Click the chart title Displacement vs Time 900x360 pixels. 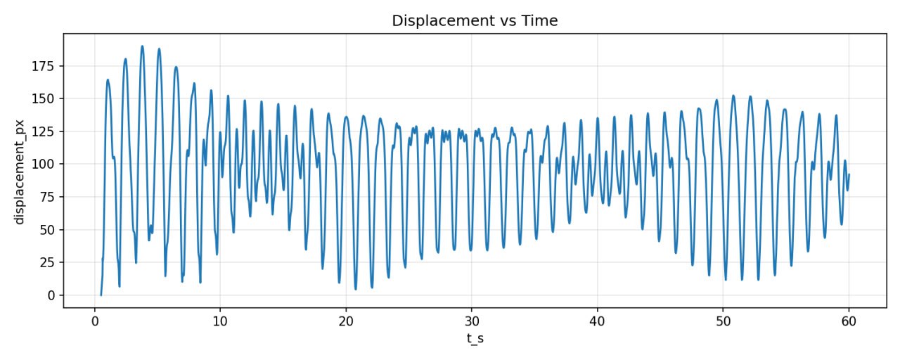click(x=475, y=21)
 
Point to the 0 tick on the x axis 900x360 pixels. click(x=95, y=321)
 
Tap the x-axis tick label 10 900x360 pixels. click(x=220, y=321)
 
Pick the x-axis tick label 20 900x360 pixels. click(x=346, y=321)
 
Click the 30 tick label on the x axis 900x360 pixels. click(x=472, y=321)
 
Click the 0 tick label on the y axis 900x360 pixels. click(x=51, y=295)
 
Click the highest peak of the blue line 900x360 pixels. click(x=142, y=46)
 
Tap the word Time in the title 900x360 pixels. click(x=541, y=21)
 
